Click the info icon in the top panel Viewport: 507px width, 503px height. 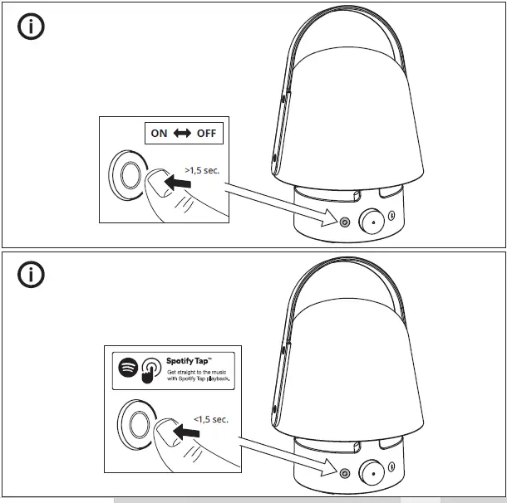pyautogui.click(x=31, y=27)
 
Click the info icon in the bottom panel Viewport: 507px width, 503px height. pyautogui.click(x=31, y=275)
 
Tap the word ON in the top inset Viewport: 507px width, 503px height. pyautogui.click(x=160, y=133)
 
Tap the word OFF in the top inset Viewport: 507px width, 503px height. pyautogui.click(x=206, y=133)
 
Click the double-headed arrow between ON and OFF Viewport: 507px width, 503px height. pyautogui.click(x=182, y=133)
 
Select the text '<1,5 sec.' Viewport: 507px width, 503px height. pyautogui.click(x=210, y=419)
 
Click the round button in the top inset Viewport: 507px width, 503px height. pyautogui.click(x=130, y=176)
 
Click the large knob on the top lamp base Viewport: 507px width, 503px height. pyautogui.click(x=371, y=219)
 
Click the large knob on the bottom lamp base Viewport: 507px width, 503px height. pyautogui.click(x=371, y=470)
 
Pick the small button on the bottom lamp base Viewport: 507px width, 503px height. pyautogui.click(x=345, y=472)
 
